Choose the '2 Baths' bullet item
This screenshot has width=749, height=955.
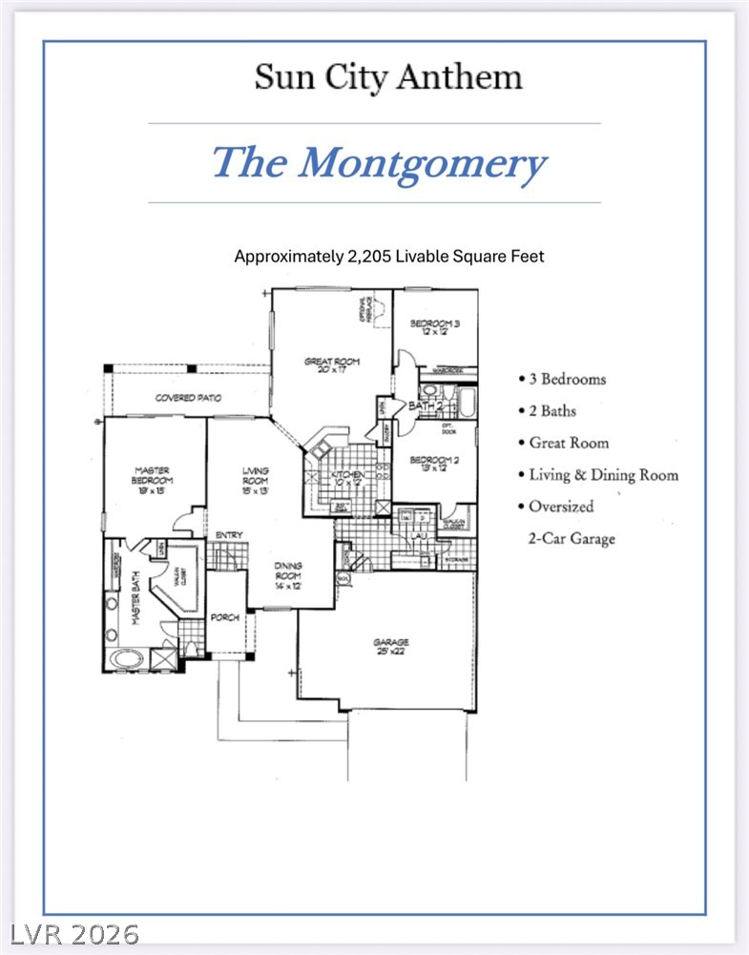[552, 411]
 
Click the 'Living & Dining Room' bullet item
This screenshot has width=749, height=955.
[603, 474]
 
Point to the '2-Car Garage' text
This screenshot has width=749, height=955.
[572, 538]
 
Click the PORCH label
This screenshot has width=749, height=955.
[224, 617]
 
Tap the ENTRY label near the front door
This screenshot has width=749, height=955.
[227, 535]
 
